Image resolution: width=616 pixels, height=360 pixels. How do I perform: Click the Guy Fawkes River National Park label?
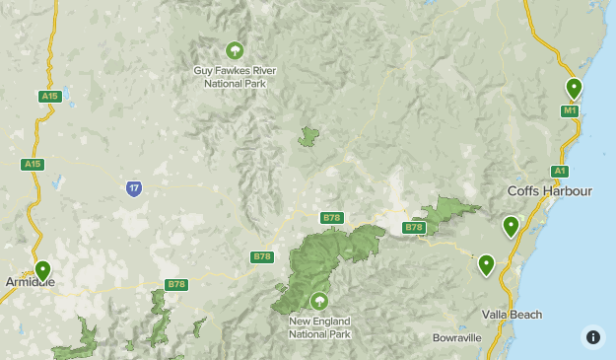[x=235, y=77]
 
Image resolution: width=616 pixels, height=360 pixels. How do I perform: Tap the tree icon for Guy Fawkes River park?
[x=235, y=50]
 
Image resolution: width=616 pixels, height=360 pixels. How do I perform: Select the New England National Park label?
[x=318, y=327]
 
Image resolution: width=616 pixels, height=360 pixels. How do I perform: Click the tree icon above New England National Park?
[x=318, y=301]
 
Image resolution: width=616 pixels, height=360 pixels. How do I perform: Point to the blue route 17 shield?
[x=134, y=188]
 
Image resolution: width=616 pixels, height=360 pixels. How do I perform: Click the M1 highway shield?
[x=570, y=111]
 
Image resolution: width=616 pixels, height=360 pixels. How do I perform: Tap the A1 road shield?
[x=560, y=171]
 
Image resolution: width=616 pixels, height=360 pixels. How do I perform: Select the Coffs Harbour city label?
[x=549, y=190]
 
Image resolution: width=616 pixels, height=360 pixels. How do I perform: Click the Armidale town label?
[x=30, y=282]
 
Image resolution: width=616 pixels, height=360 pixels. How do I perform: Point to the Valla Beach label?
[x=512, y=315]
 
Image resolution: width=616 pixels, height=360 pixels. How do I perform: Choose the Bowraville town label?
[x=457, y=337]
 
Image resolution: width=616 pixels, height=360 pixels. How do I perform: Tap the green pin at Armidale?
[x=42, y=269]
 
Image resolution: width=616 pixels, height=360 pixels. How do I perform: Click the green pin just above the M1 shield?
[x=574, y=89]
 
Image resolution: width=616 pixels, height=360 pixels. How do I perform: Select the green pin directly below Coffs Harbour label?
[x=511, y=227]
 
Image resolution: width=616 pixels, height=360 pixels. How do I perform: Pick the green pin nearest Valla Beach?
[x=486, y=264]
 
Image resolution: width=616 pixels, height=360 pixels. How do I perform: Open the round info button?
[x=592, y=336]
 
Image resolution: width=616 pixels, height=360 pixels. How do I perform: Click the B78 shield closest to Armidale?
[x=175, y=285]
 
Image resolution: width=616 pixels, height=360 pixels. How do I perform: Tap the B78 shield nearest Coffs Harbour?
[x=413, y=228]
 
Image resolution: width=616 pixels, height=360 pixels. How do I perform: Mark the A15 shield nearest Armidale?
[x=33, y=165]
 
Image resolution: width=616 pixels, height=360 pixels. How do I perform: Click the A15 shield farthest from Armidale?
[x=50, y=96]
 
